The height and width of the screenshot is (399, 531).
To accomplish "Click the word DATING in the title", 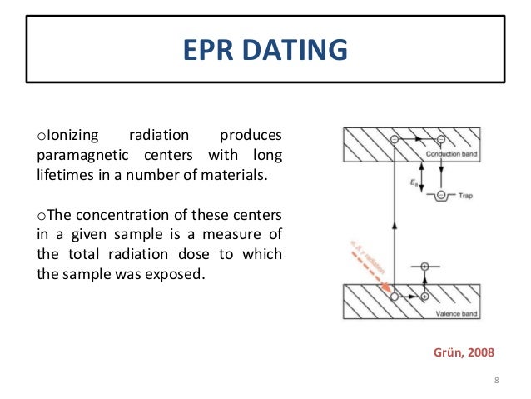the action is [295, 50].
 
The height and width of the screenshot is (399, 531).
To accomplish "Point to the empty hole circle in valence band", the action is [393, 296].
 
